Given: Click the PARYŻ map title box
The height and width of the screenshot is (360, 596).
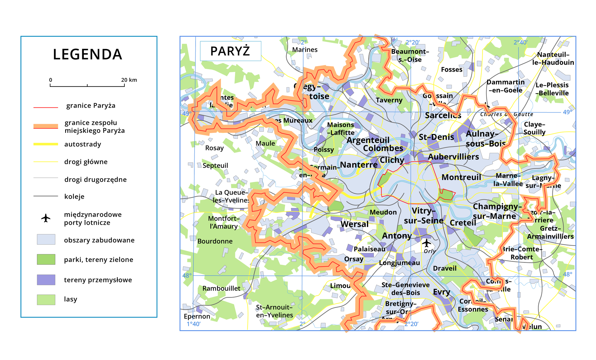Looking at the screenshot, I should (x=230, y=51).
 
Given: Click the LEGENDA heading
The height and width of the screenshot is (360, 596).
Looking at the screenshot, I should (x=88, y=55).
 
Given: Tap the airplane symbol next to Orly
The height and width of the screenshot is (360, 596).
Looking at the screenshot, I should (x=427, y=243).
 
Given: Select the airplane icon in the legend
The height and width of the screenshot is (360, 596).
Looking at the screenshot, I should (x=46, y=218).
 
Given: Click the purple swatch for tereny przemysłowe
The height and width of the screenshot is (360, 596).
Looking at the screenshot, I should (x=46, y=280).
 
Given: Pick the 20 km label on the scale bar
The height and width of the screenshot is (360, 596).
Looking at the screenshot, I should (x=129, y=80).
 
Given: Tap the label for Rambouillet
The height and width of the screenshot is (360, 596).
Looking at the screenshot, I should (x=221, y=288).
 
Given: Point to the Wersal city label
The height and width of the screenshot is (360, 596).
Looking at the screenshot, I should (x=354, y=224).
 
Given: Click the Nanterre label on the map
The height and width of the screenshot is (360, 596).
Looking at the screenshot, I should (x=359, y=164).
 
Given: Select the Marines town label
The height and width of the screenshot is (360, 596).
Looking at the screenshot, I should (x=305, y=50).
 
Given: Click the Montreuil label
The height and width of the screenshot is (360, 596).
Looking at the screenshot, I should (x=461, y=177).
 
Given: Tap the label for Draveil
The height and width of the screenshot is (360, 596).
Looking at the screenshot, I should (x=445, y=268).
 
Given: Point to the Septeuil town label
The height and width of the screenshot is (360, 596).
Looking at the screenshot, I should (x=215, y=165).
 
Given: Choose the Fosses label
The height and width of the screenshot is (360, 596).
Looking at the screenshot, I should (x=451, y=70).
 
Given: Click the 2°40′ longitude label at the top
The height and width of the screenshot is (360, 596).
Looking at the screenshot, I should (x=520, y=43).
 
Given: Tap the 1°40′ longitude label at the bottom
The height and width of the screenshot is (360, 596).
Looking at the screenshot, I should (x=193, y=324).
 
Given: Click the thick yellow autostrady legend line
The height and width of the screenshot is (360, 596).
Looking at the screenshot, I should (x=46, y=144).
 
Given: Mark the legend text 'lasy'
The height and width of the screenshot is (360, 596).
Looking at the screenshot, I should (x=70, y=299).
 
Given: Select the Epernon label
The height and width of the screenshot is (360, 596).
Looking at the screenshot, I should (x=197, y=316).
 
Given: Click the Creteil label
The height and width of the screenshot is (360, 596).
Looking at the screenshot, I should (x=463, y=223).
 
